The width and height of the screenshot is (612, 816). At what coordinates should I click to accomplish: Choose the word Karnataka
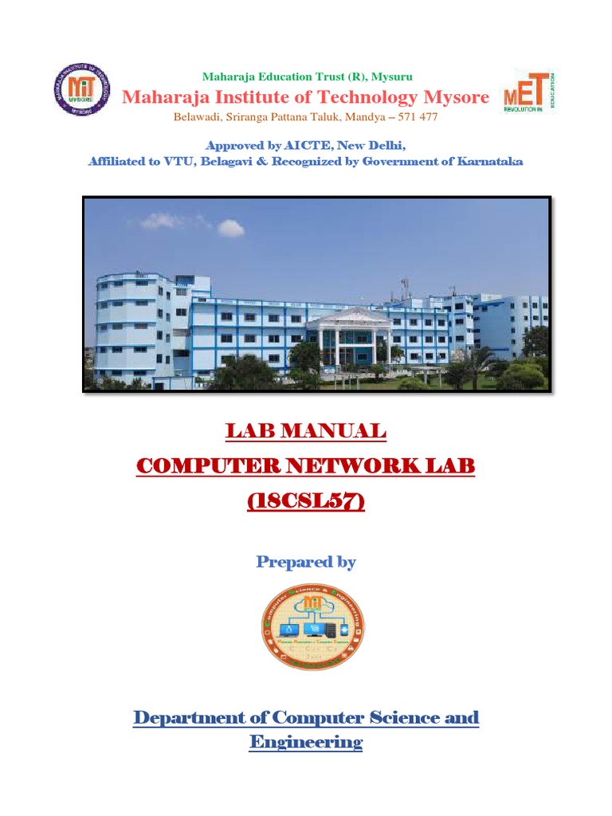pos(488,161)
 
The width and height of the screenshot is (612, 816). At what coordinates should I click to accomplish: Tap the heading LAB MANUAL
pos(306,431)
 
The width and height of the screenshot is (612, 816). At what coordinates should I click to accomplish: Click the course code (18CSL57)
pos(306,502)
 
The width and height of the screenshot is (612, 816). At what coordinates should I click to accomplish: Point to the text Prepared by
pos(306,562)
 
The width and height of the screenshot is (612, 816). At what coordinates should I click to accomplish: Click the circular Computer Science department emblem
pos(313,626)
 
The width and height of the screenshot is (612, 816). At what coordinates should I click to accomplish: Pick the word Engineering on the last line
pos(306,743)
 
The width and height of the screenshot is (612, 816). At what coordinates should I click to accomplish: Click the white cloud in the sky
pos(229,228)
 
